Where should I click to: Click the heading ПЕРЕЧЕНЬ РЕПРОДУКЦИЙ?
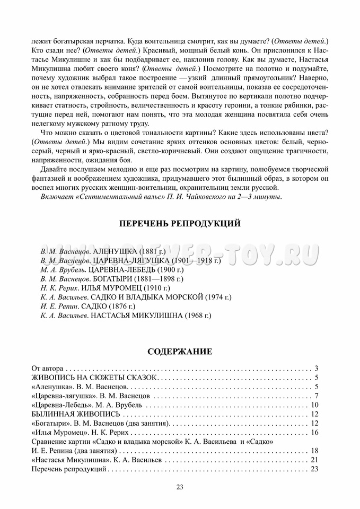(x=180, y=224)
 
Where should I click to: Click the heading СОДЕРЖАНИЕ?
(x=180, y=351)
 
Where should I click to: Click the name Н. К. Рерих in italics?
(x=56, y=288)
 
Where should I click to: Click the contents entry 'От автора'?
(x=48, y=368)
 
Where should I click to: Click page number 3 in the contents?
(x=315, y=368)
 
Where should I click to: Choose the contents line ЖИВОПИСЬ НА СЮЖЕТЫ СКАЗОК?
(x=95, y=378)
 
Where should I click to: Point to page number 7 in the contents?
(x=315, y=396)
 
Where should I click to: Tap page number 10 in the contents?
(x=314, y=405)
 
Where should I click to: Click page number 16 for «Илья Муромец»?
(x=314, y=433)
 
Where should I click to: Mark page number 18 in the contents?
(x=314, y=451)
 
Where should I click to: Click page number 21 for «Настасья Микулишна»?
(x=314, y=460)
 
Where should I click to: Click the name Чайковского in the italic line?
(x=207, y=197)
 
